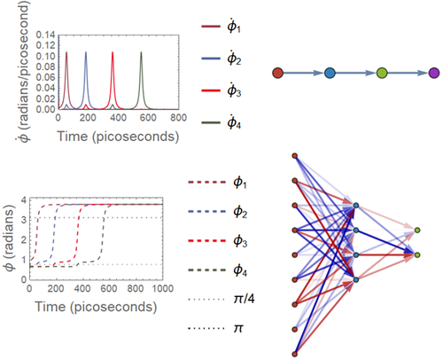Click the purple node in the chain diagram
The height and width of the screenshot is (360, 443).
(x=434, y=73)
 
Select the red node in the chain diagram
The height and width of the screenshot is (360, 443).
(x=277, y=73)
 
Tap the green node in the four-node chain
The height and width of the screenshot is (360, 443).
(x=382, y=73)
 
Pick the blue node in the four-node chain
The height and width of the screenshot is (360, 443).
(x=330, y=73)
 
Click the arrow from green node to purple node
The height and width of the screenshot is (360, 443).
(x=408, y=73)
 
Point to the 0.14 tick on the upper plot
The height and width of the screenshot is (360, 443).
(x=45, y=35)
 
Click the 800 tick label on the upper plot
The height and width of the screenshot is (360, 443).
(x=178, y=118)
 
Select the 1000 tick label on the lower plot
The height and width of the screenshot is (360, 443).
(x=162, y=288)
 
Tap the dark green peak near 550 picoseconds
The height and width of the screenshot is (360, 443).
(x=141, y=52)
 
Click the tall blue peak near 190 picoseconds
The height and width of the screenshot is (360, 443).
(x=86, y=52)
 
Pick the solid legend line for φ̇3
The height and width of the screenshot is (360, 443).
(x=211, y=90)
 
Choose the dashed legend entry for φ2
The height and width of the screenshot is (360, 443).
(x=206, y=211)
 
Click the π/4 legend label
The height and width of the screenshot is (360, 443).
(x=244, y=299)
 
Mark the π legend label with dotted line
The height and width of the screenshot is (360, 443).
(x=238, y=328)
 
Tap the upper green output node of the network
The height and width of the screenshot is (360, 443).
(x=417, y=230)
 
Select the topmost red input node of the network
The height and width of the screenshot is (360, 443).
(x=294, y=156)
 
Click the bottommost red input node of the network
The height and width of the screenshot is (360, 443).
(x=294, y=354)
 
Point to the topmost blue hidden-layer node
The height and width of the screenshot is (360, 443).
(x=356, y=205)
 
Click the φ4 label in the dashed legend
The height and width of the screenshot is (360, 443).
(x=240, y=270)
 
